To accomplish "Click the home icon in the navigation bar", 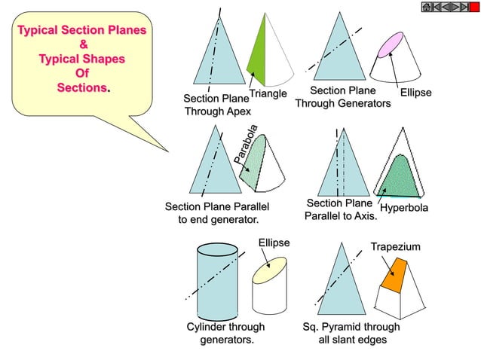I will click(427, 8).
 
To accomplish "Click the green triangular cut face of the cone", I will click(256, 53).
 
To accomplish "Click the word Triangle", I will click(268, 94).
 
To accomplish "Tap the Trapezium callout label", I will click(395, 247).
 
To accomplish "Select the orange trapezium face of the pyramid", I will click(394, 275).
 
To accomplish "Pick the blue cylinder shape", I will click(216, 279).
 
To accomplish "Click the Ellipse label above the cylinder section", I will click(274, 243).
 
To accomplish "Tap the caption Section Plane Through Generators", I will click(343, 98).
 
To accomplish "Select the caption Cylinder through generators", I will click(225, 334).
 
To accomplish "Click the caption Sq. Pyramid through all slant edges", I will click(351, 334).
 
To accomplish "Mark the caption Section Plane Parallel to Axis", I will click(339, 209).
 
